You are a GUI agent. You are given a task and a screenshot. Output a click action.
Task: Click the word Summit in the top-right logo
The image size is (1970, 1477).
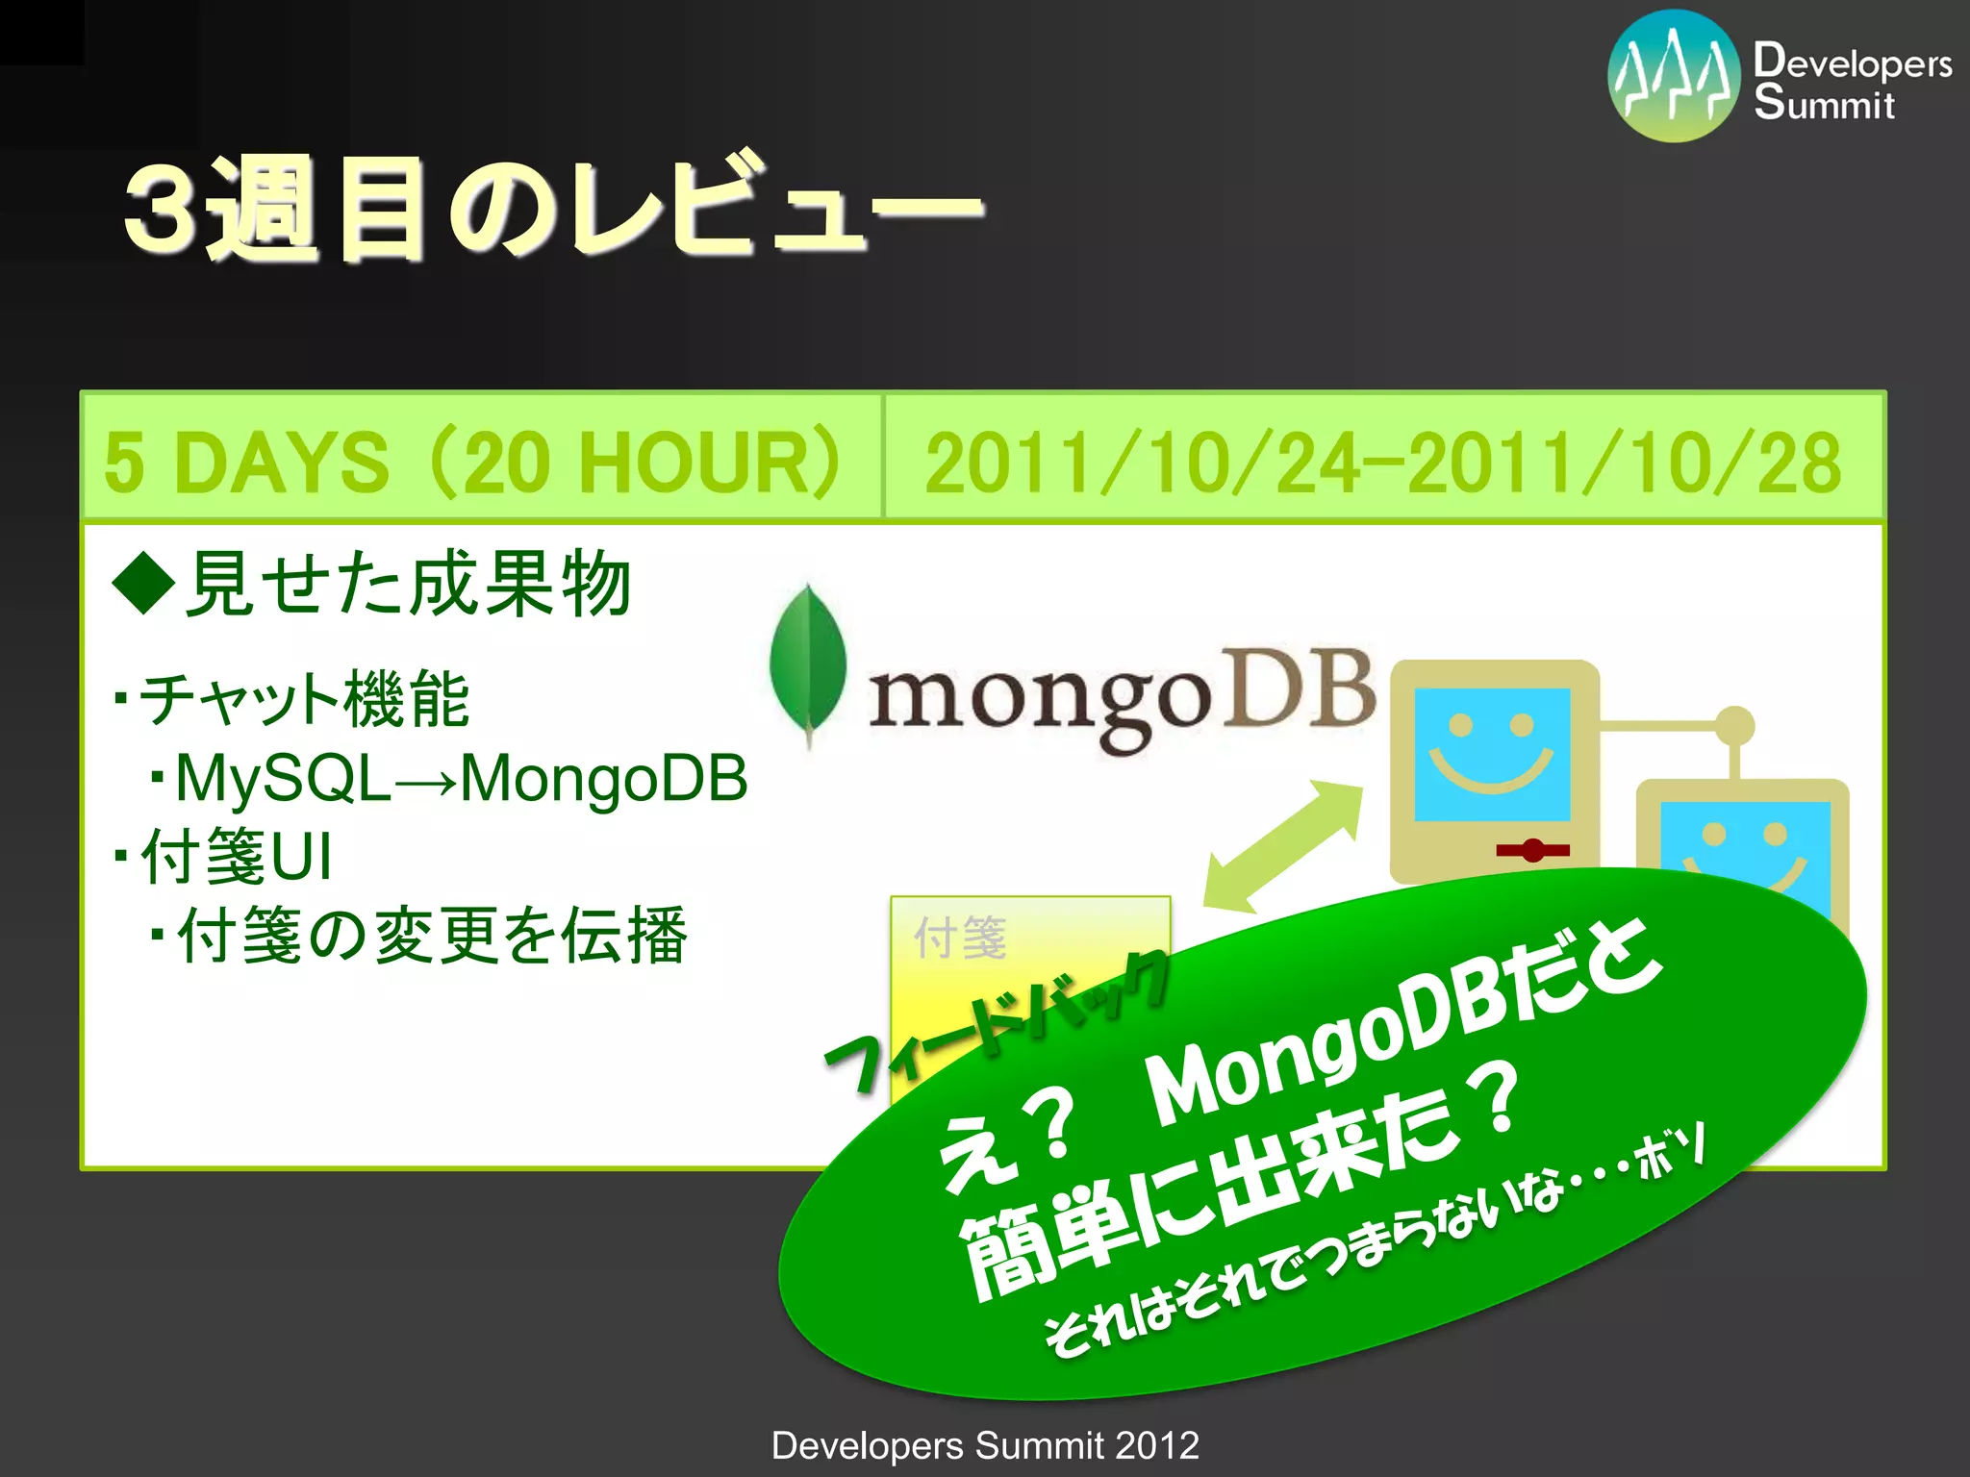pyautogui.click(x=1824, y=103)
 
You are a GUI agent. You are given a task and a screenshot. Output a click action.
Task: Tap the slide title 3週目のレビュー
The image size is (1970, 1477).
pyautogui.click(x=553, y=207)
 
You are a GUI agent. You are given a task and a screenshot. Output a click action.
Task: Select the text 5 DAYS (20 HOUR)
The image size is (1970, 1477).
pyautogui.click(x=471, y=463)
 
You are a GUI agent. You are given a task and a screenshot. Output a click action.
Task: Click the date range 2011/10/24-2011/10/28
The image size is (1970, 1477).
pyautogui.click(x=1382, y=463)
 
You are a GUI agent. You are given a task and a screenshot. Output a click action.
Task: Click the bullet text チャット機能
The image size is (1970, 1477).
pyautogui.click(x=303, y=699)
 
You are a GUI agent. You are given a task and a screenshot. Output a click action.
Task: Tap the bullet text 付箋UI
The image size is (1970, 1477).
pyautogui.click(x=236, y=856)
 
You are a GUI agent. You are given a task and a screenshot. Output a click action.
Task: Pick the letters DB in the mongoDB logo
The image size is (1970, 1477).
pyautogui.click(x=1303, y=688)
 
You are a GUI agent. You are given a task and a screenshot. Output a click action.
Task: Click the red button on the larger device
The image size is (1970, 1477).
pyautogui.click(x=1532, y=850)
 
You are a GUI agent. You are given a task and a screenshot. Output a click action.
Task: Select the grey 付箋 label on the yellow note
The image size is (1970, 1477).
pyautogui.click(x=960, y=938)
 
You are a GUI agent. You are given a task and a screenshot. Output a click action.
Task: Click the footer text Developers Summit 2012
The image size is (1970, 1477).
pyautogui.click(x=985, y=1445)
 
